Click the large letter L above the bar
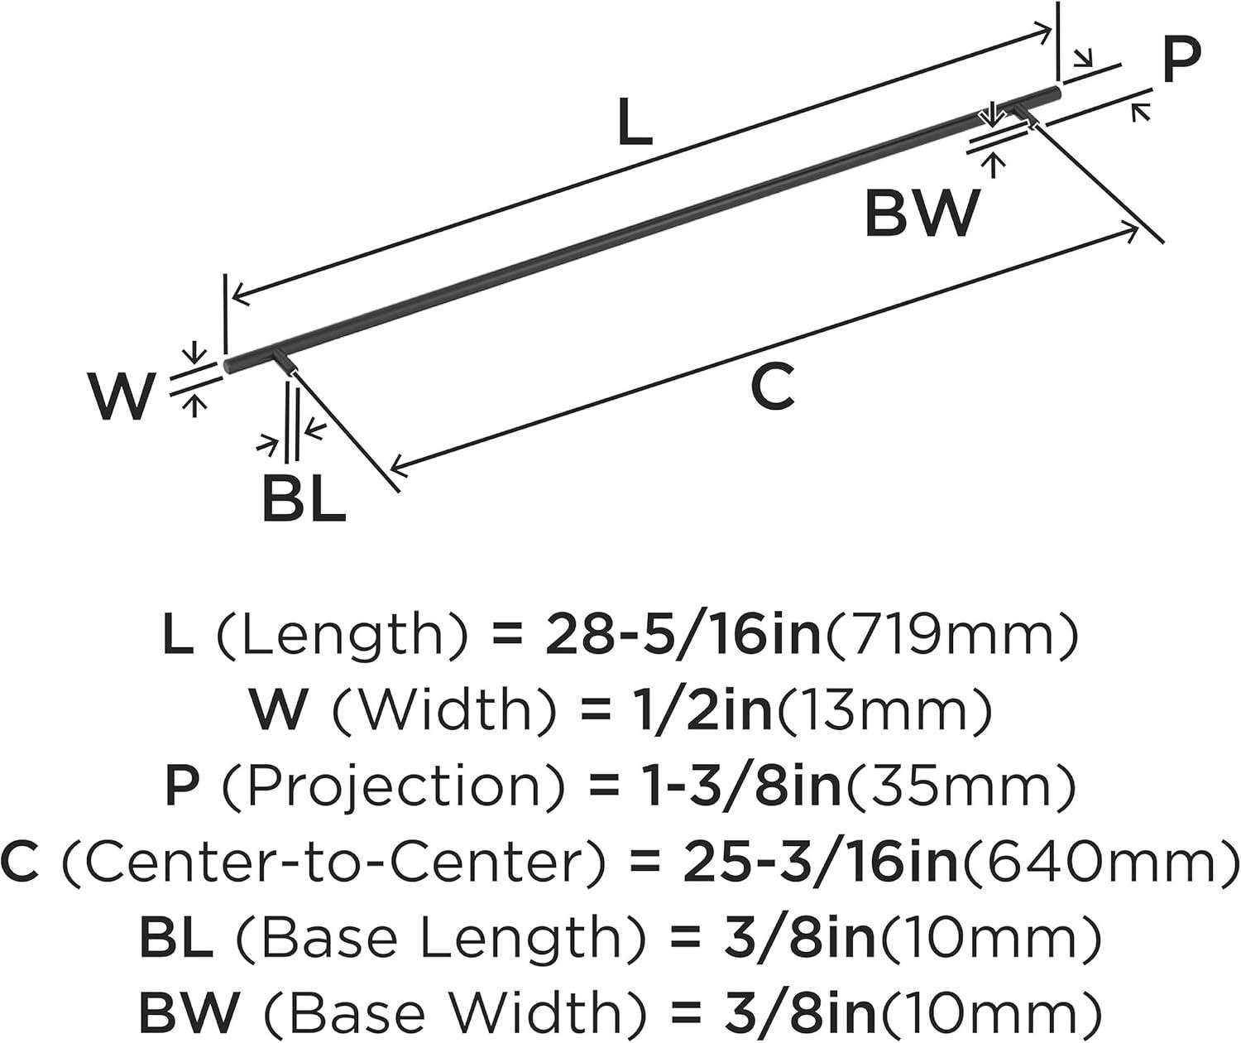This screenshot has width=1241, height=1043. (x=635, y=122)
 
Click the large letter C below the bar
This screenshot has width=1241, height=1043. (x=773, y=387)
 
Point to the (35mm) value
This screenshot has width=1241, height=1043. (x=958, y=786)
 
